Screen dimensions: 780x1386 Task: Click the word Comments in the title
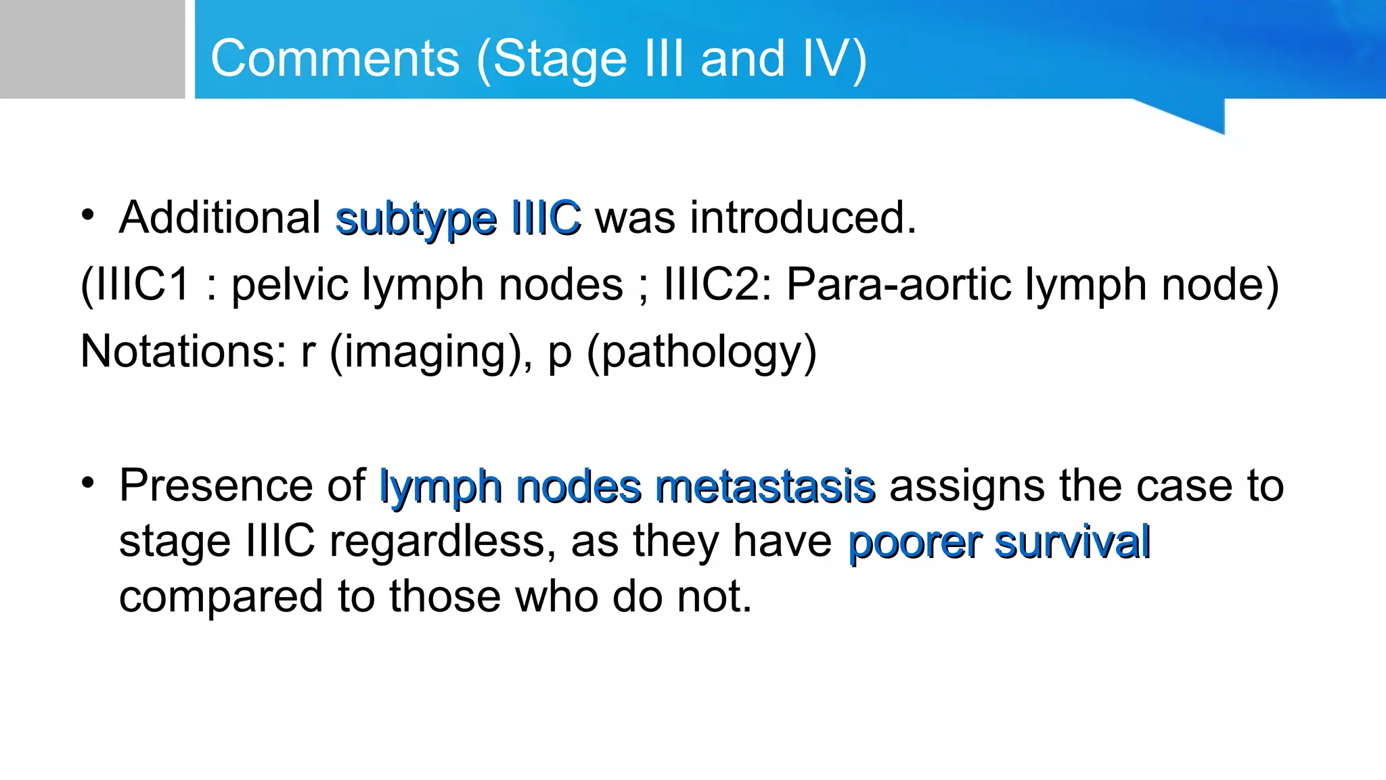(x=335, y=58)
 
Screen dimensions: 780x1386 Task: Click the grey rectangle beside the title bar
(x=92, y=49)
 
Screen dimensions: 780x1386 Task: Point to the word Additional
(x=220, y=218)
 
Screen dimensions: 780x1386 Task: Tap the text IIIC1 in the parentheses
(x=141, y=284)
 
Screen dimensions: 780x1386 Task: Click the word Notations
(x=183, y=351)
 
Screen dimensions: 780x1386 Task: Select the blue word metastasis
(x=765, y=487)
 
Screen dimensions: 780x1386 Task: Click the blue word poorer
(x=914, y=542)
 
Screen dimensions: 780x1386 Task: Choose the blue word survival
(x=1073, y=542)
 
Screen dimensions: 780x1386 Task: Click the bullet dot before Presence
(x=87, y=483)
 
